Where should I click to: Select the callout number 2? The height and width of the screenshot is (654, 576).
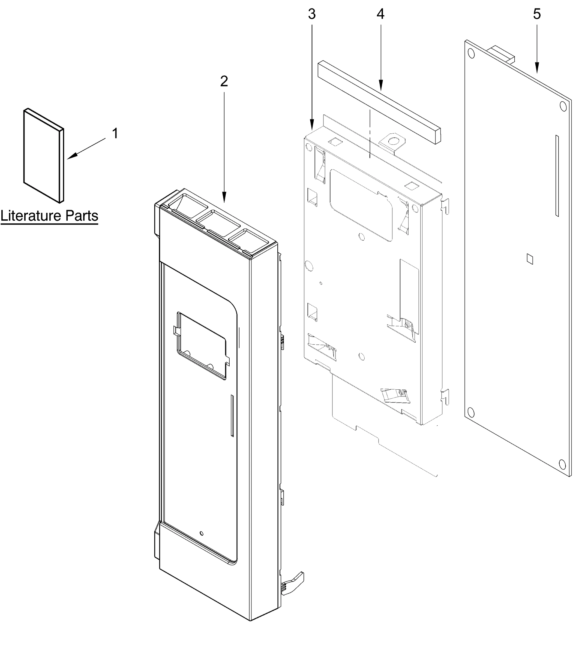(224, 81)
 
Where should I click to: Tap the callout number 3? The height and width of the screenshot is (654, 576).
(311, 14)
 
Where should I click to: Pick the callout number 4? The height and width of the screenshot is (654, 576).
(380, 14)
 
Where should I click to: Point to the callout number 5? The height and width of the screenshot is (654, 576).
(537, 14)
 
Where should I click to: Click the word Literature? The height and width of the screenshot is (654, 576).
(31, 216)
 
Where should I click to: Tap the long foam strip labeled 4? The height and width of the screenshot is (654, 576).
(379, 102)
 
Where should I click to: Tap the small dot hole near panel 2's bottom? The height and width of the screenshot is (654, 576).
(201, 533)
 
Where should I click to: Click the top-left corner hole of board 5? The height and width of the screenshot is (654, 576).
(471, 53)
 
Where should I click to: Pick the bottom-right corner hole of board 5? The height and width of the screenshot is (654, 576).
(562, 464)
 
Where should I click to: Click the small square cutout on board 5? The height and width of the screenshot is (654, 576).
(530, 259)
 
